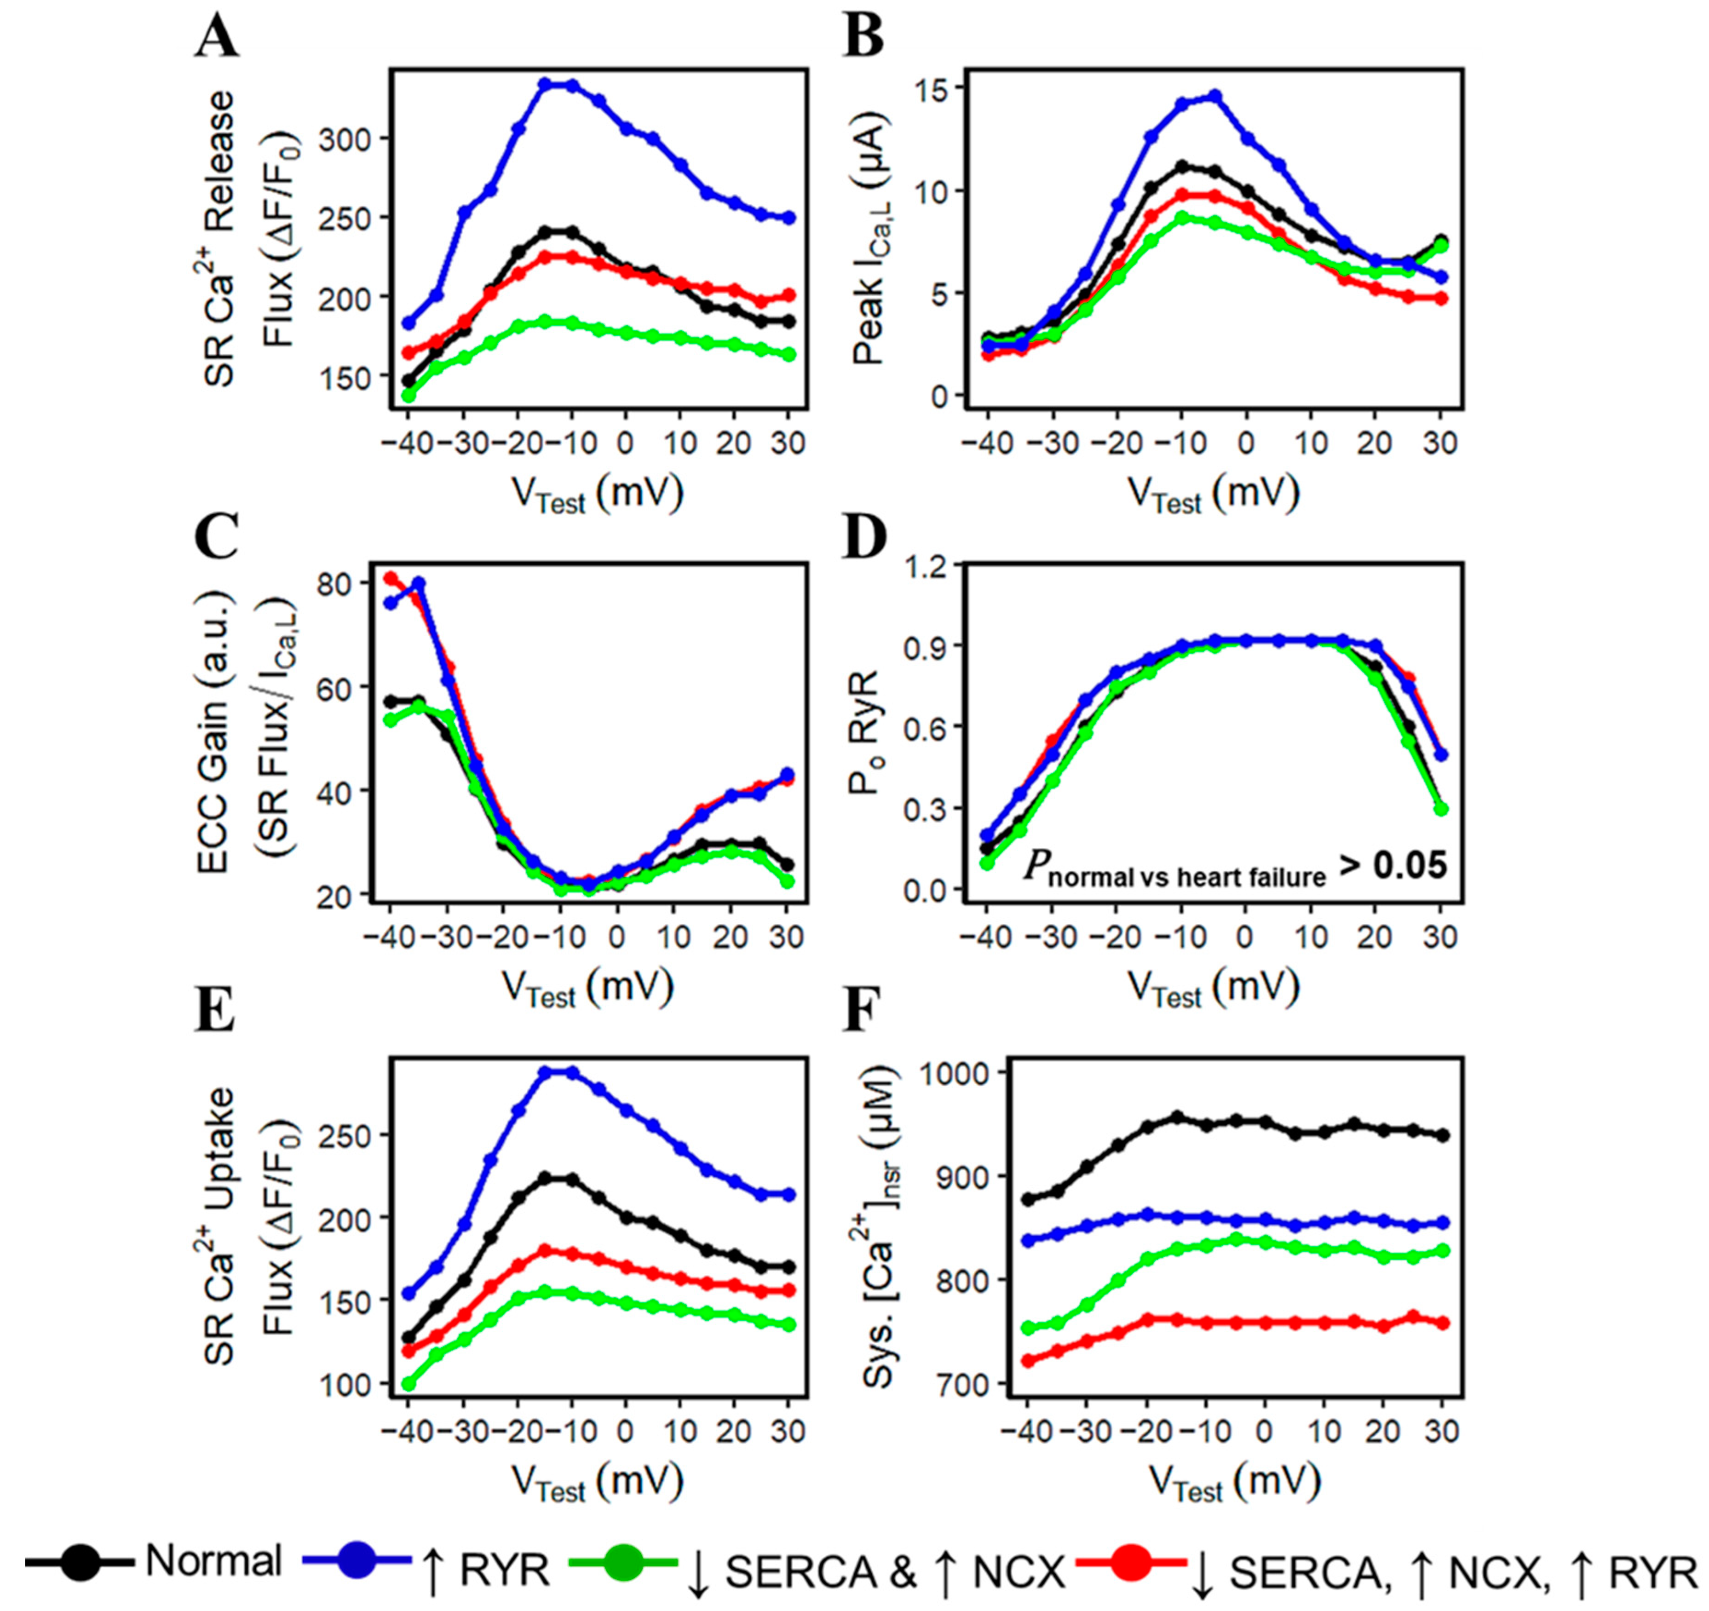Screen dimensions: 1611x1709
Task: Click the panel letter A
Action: (x=215, y=39)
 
